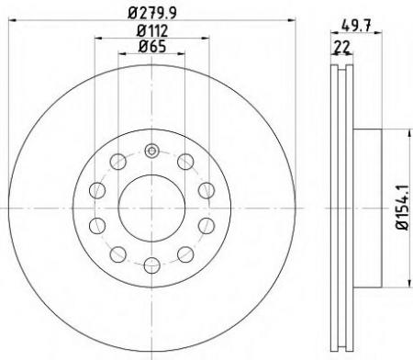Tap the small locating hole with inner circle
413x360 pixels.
[x=152, y=152]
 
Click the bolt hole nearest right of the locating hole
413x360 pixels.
[x=185, y=163]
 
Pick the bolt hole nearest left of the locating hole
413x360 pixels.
[x=118, y=163]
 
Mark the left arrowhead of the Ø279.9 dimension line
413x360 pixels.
[x=8, y=21]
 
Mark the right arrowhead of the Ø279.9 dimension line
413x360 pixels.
[x=298, y=21]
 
